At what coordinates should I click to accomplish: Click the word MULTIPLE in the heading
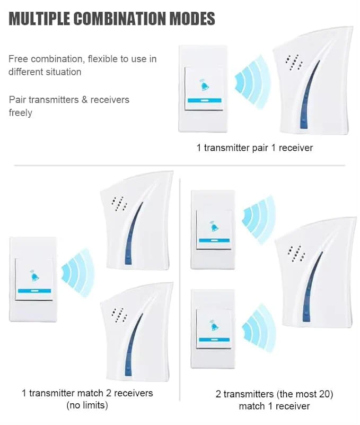point(39,19)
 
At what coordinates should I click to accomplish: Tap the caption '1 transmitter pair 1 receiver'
point(254,148)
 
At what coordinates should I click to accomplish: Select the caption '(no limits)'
point(87,405)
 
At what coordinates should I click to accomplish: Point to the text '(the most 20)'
point(304,394)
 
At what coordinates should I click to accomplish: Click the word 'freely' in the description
point(21,112)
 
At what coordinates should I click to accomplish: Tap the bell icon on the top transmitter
point(205,85)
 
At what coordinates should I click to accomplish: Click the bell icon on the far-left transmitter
point(34,275)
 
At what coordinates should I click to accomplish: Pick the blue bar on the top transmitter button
point(205,100)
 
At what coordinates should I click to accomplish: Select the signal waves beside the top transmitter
point(252,82)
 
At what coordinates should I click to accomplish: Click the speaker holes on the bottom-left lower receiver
point(119,315)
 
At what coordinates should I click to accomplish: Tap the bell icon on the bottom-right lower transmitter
point(214,325)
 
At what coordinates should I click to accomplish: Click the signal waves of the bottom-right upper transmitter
point(258,220)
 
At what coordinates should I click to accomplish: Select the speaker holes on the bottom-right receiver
point(296,254)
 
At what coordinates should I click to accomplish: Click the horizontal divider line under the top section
point(180,165)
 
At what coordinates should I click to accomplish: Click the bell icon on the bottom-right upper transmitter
point(214,227)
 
